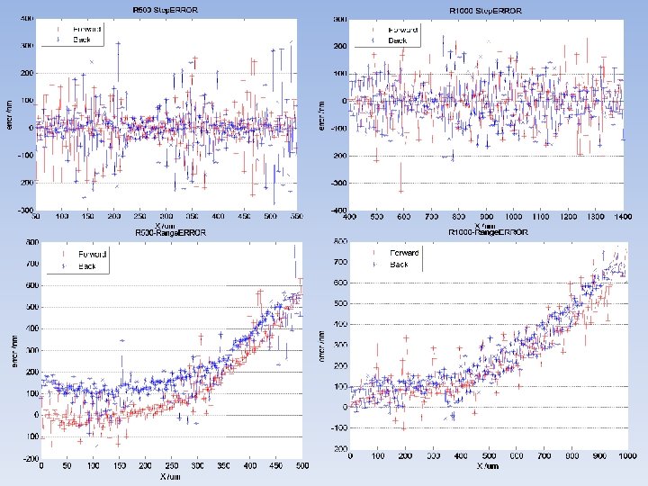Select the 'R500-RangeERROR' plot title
click(164, 232)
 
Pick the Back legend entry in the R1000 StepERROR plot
click(397, 40)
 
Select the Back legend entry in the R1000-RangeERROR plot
click(399, 265)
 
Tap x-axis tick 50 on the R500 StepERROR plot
click(37, 217)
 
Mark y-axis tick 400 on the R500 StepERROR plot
click(28, 18)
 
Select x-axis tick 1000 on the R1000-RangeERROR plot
click(622, 456)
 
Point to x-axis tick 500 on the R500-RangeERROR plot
click(302, 465)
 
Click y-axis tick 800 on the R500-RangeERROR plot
click(31, 243)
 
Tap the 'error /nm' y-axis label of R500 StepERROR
click(10, 115)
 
